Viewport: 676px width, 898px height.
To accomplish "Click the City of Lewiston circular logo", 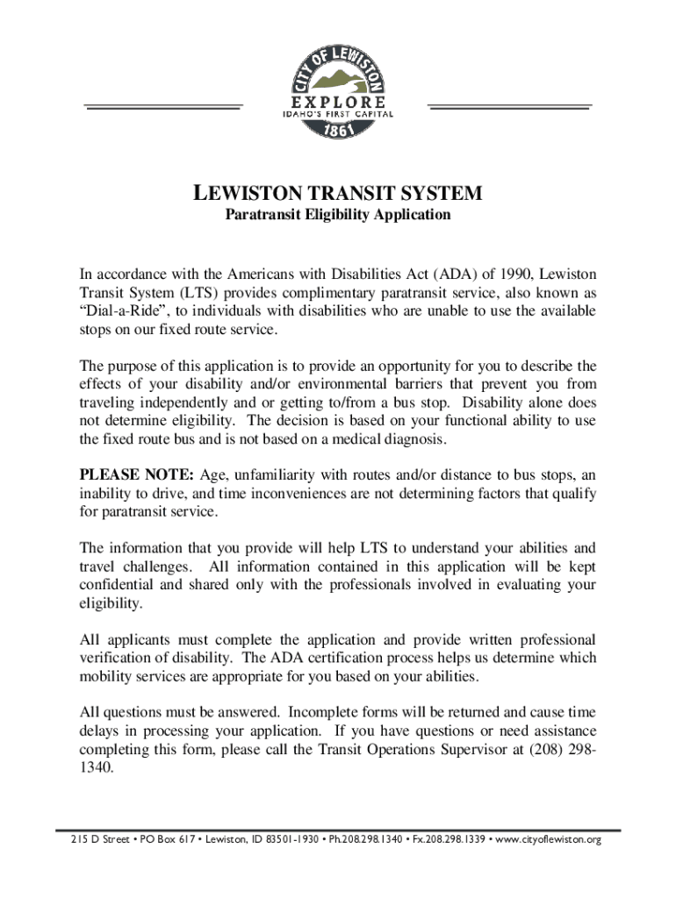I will coord(338,89).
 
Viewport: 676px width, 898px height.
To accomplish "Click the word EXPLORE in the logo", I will coord(338,101).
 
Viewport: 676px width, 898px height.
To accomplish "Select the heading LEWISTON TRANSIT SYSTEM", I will coord(338,193).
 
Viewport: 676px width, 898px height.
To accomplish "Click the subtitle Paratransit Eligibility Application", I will coord(338,214).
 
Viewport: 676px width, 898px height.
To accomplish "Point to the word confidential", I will coord(119,585).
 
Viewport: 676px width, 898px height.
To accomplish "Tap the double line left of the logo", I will coord(162,106).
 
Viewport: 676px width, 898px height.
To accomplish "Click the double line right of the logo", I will coord(509,106).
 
